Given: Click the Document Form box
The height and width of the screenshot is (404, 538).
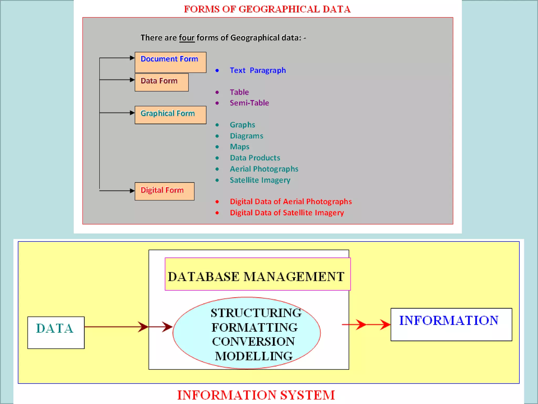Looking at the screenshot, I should tap(170, 62).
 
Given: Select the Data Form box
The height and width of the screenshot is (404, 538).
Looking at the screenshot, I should tap(162, 82).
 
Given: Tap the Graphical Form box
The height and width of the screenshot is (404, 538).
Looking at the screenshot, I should tap(170, 115).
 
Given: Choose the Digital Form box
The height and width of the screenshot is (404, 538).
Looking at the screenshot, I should tap(164, 191).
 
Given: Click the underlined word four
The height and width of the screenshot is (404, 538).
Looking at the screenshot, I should tap(187, 38).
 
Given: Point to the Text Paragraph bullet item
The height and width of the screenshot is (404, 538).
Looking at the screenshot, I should tap(257, 70).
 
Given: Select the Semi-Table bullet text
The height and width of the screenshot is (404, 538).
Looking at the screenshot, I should tap(249, 103).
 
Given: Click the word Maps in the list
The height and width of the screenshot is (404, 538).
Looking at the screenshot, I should tap(240, 147).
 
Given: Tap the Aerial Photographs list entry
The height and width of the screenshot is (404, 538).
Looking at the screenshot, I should tap(264, 169).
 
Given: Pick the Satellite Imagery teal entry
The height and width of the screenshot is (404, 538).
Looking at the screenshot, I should tap(260, 180).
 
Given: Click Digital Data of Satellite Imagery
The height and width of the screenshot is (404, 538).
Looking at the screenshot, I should tap(287, 213).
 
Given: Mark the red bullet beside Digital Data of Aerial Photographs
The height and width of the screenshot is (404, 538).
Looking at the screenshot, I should tap(217, 202).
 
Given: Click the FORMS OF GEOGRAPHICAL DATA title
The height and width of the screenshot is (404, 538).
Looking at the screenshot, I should tap(267, 9).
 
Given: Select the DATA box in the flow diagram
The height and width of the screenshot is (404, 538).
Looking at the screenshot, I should tap(56, 332).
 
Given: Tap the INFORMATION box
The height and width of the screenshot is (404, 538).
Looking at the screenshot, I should tap(451, 324).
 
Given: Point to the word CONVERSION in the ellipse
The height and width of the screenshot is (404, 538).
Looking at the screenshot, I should tap(254, 342).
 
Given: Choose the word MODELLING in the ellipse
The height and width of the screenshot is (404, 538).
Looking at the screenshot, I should tap(254, 356).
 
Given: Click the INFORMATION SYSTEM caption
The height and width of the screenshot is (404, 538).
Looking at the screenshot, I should tap(256, 395).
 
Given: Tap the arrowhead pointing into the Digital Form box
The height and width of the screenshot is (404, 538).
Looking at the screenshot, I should tap(132, 191).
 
